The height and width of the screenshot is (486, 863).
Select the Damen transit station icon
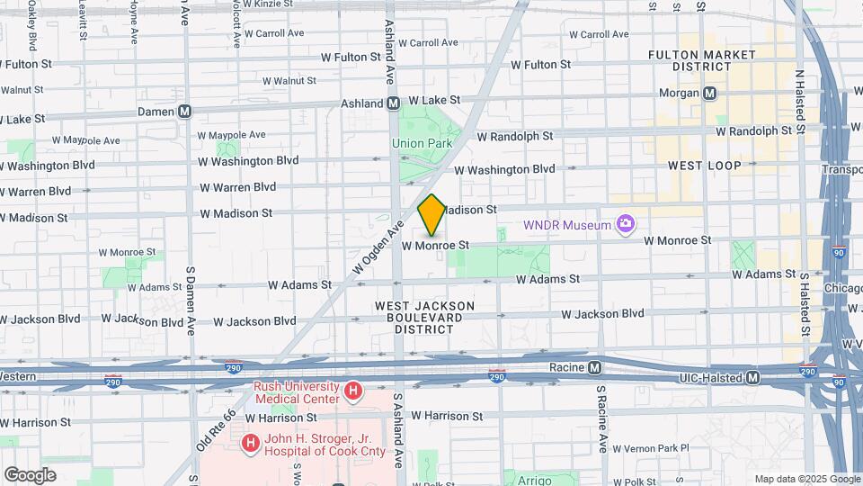click(x=185, y=112)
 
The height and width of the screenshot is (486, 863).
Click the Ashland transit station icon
click(x=393, y=103)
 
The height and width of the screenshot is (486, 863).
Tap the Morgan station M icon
click(x=710, y=93)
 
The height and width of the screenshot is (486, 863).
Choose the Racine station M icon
click(x=595, y=367)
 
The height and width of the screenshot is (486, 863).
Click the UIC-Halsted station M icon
click(x=752, y=377)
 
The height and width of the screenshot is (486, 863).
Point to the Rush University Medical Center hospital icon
click(x=353, y=391)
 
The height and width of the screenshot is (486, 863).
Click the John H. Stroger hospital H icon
click(x=249, y=442)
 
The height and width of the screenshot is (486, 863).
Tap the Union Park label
click(x=421, y=143)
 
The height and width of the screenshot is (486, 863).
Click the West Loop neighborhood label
click(x=704, y=166)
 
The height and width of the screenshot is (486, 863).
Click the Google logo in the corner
click(x=30, y=474)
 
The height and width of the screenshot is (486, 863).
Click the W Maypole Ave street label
click(x=86, y=140)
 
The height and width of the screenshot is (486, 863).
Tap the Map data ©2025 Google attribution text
click(x=806, y=479)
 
